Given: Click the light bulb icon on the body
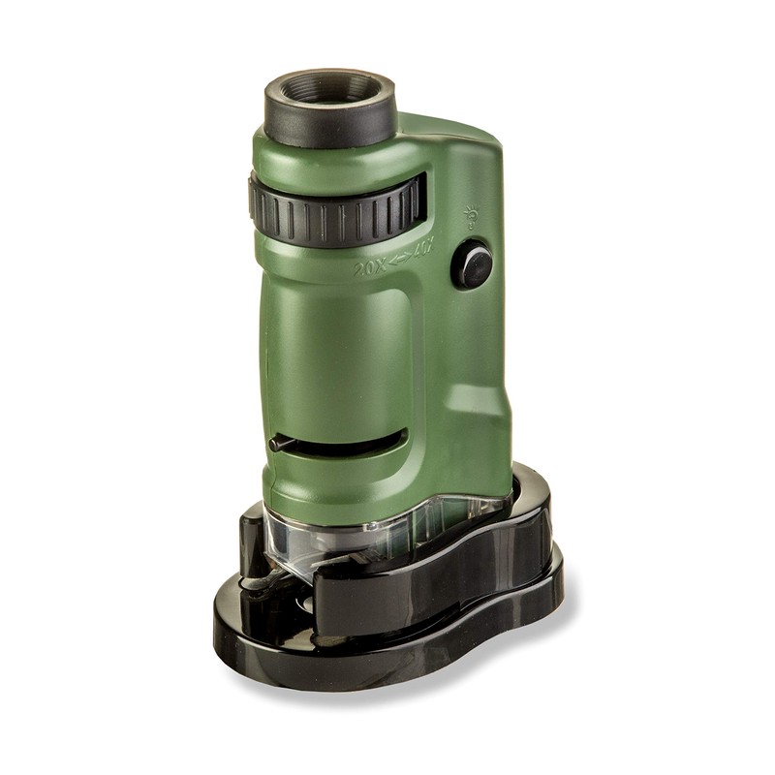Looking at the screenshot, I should click(x=472, y=214).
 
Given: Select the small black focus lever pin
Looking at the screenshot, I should click(x=279, y=443).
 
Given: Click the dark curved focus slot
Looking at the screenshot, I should click(x=349, y=445).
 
